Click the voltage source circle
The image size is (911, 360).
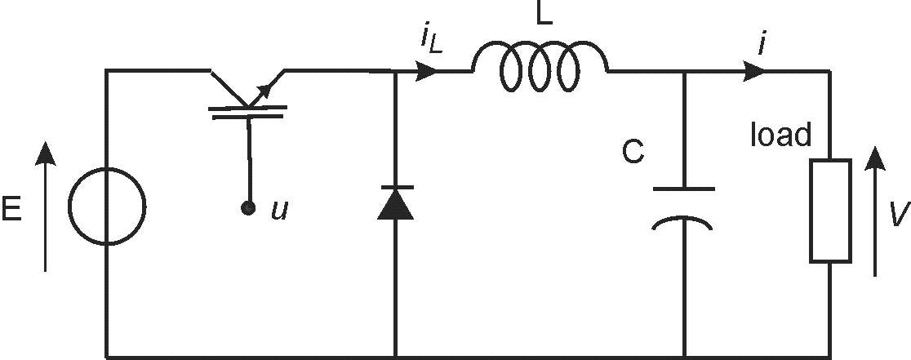coord(107,207)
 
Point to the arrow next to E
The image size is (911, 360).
coord(46,207)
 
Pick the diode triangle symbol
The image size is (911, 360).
coord(395,204)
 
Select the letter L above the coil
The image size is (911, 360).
coord(544,16)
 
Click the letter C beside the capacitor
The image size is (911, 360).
coord(633,153)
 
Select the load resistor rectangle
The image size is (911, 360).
coord(830,211)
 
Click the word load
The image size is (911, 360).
coord(780,136)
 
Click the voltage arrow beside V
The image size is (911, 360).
coord(874,211)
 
